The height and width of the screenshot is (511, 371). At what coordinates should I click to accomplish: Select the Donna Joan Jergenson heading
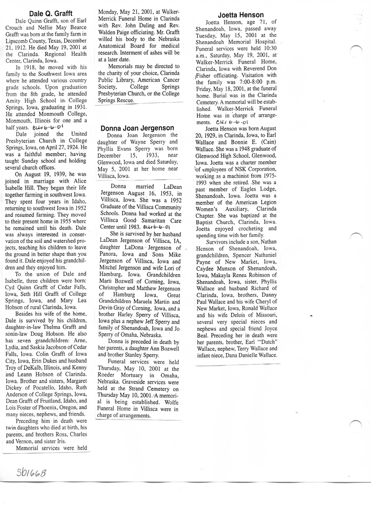tap(137, 128)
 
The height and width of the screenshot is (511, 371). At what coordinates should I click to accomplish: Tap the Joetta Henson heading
tap(240, 15)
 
